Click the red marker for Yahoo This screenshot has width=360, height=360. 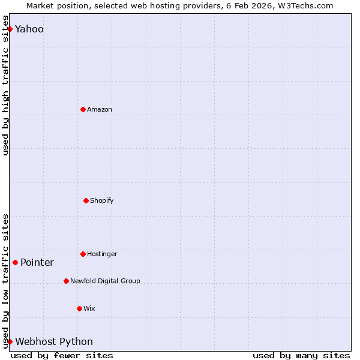click(x=10, y=29)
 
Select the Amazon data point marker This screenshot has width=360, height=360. click(x=83, y=109)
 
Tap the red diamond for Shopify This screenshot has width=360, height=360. click(x=86, y=200)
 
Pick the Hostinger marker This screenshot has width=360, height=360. click(x=83, y=254)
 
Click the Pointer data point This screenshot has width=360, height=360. click(x=15, y=262)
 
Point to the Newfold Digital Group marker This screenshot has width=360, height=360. click(x=66, y=281)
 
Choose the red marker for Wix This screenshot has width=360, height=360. click(x=79, y=308)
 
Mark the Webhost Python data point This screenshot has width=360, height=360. click(x=10, y=341)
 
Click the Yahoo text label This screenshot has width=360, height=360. click(x=29, y=29)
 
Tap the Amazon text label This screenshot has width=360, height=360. click(x=100, y=109)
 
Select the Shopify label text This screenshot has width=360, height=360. click(x=102, y=200)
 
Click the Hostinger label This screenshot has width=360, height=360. click(x=103, y=254)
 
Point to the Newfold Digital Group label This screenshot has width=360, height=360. click(x=105, y=281)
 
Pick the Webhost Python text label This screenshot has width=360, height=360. click(x=54, y=341)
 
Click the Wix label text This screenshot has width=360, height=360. click(x=89, y=308)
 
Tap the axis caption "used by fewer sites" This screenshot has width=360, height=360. click(x=62, y=355)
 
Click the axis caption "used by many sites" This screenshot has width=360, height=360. click(x=301, y=355)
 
